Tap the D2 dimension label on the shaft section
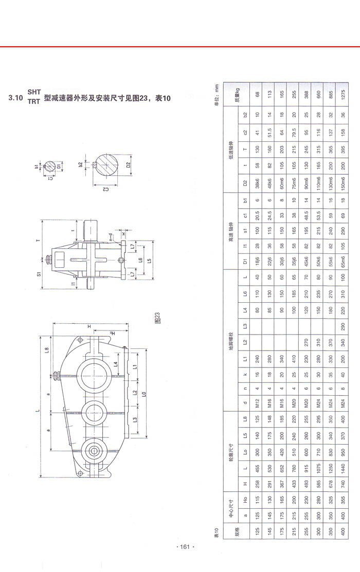click(128, 168)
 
